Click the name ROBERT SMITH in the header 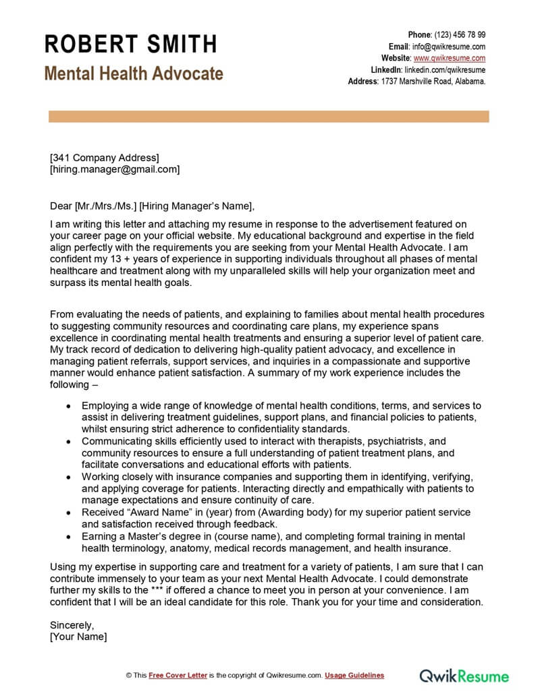click(131, 45)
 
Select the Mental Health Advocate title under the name click(134, 74)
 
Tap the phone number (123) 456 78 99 click(460, 34)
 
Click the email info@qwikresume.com click(449, 47)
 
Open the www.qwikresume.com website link click(450, 58)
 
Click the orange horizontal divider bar click(269, 117)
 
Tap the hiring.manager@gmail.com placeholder click(115, 169)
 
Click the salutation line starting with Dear click(153, 206)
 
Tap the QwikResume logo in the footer click(464, 675)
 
